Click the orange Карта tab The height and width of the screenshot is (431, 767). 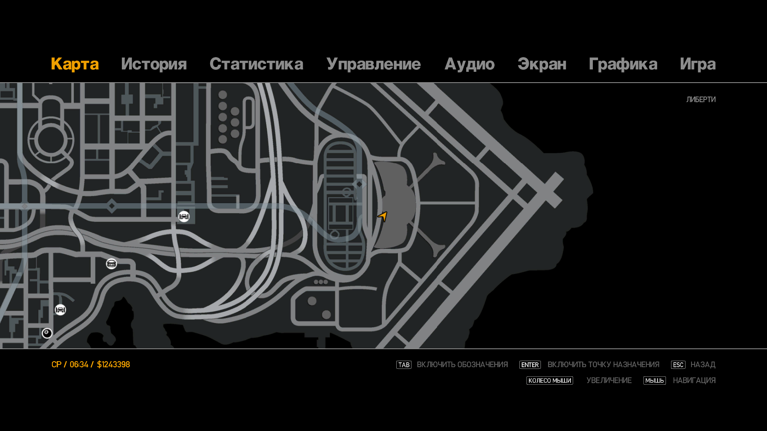tap(75, 64)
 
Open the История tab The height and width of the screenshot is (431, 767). tap(154, 64)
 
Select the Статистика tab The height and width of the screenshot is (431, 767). tap(256, 64)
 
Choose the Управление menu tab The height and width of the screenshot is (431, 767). tap(373, 64)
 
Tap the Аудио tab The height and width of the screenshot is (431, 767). tap(469, 64)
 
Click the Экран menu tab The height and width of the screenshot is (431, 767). tap(542, 64)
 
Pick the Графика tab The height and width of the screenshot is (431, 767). tap(623, 64)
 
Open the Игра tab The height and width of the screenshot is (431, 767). tap(697, 64)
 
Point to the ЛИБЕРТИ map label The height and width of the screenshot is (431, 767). tap(701, 99)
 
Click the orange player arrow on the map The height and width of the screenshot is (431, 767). tap(383, 216)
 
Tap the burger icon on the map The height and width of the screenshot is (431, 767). tap(111, 264)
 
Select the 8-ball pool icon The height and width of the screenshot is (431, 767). tap(47, 333)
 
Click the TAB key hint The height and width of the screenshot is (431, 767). tap(403, 365)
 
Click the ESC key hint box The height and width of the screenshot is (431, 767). tap(678, 365)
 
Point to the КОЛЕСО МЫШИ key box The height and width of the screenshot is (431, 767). tap(549, 381)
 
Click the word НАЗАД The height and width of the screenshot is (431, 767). tap(703, 365)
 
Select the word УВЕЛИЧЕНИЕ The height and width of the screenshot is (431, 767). tap(609, 381)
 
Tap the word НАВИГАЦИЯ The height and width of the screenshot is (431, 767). tap(694, 381)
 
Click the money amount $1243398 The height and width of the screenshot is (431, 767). tap(113, 365)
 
